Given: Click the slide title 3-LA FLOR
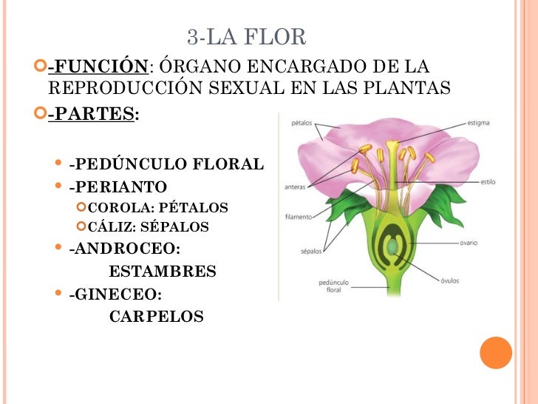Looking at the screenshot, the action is pos(246,37).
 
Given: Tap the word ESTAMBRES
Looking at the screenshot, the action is pos(163,272).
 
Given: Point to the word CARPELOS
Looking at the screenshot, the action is pos(156,317).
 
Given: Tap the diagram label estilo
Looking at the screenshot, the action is pos(488,181).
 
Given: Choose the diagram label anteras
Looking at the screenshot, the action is pos(296,187).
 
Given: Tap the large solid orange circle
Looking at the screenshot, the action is pos(496,352).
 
